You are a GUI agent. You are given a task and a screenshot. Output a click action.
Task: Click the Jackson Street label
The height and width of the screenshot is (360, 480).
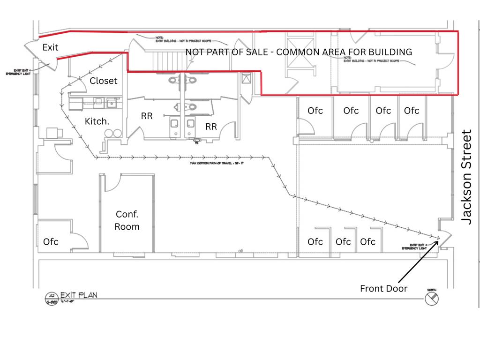click(467, 177)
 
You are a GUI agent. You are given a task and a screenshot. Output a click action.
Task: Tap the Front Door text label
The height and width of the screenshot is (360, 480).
click(383, 288)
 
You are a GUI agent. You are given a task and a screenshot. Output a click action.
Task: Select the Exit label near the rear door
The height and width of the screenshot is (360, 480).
click(51, 47)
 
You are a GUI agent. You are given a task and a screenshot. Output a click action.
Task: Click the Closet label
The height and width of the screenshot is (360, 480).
click(104, 81)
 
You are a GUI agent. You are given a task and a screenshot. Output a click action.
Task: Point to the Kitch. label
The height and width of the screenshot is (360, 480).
click(97, 121)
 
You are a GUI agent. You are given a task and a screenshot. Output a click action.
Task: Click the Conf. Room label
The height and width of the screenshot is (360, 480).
click(127, 220)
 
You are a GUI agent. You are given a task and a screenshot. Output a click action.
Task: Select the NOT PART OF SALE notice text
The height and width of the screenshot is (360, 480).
click(299, 52)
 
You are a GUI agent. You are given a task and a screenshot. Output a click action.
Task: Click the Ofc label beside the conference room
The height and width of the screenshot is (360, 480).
click(51, 242)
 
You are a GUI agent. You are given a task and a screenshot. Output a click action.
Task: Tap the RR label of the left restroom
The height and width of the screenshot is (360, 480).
click(147, 115)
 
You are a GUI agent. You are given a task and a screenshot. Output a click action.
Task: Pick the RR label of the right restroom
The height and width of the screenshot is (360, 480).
click(211, 127)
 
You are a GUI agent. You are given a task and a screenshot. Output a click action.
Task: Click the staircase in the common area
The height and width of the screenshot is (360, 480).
click(164, 60)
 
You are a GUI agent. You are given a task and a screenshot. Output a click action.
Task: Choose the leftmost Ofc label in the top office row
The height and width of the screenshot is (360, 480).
click(315, 111)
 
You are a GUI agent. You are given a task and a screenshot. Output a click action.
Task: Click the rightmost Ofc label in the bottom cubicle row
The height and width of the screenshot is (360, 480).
click(368, 242)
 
